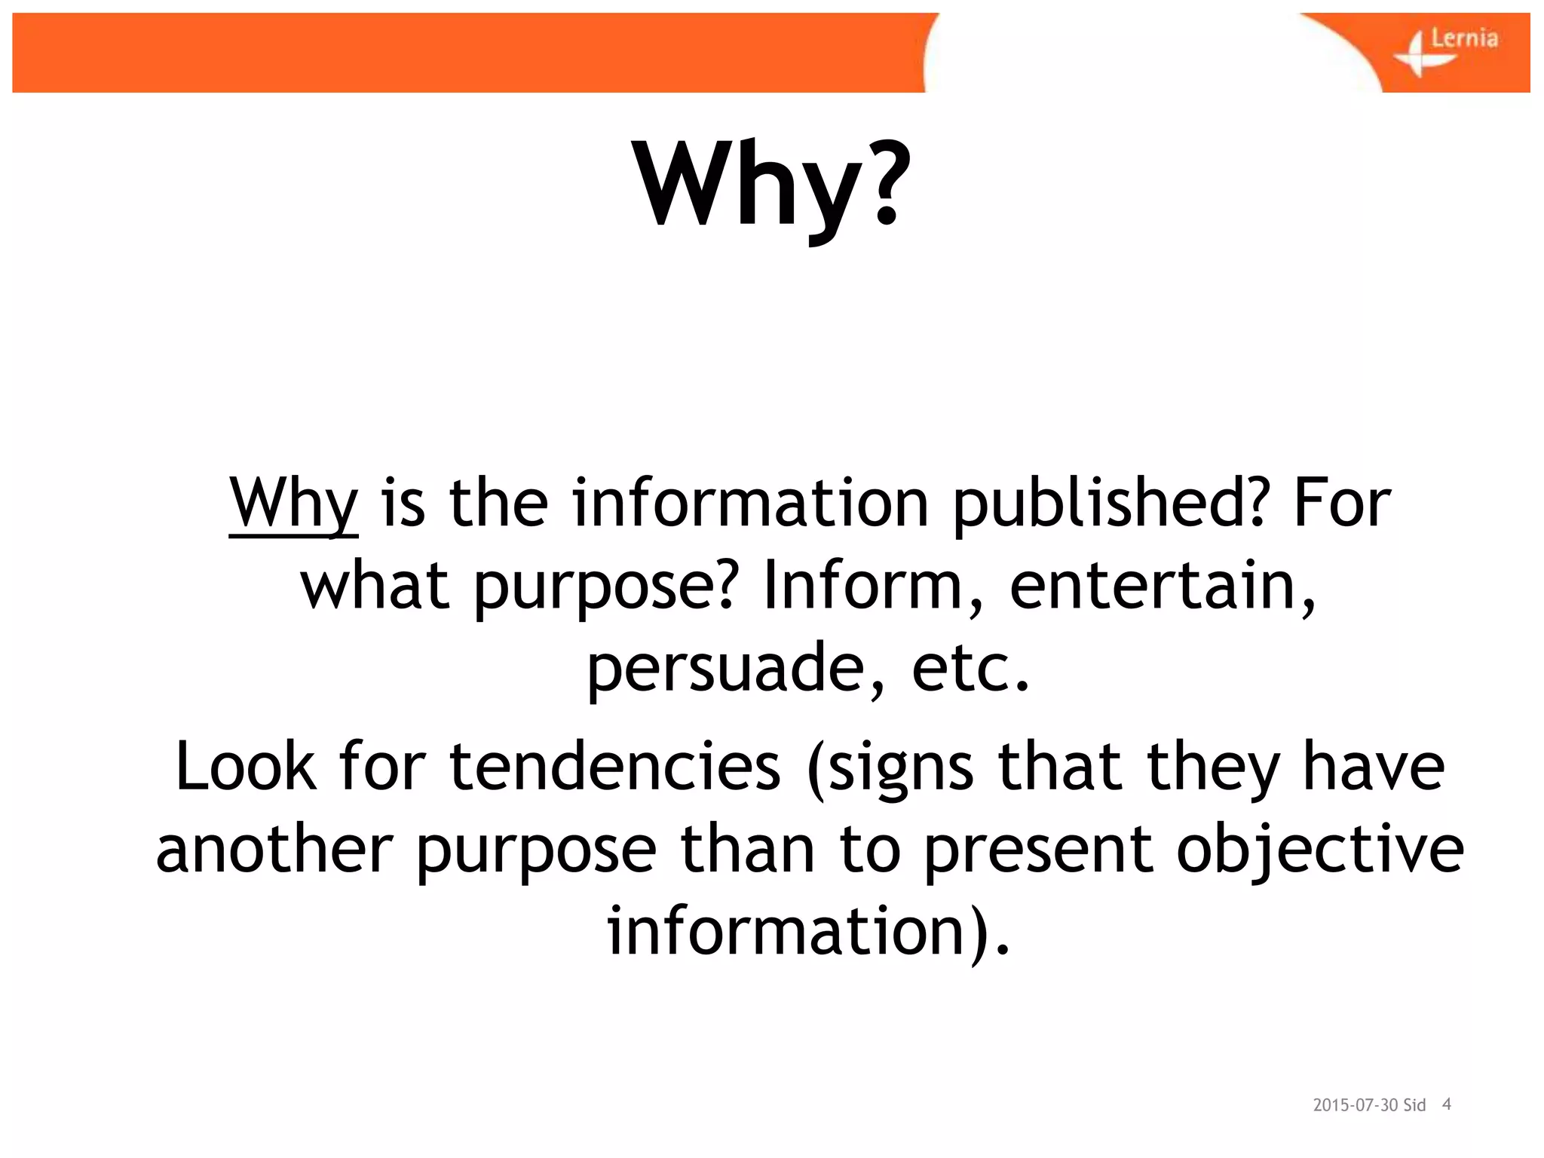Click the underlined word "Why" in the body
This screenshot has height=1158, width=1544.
293,504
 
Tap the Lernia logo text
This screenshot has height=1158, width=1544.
1463,38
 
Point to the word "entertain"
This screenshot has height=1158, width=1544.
1162,586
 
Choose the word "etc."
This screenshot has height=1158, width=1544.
970,668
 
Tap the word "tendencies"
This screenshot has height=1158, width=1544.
614,767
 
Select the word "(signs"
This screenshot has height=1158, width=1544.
890,767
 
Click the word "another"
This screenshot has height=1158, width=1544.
274,849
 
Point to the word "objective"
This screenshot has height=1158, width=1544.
1319,849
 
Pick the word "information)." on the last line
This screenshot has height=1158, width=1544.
807,931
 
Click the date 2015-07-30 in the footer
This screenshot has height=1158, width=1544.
1356,1105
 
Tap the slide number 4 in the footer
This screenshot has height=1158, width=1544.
1447,1104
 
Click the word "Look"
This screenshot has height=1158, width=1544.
245,767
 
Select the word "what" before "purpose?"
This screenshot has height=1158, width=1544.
375,586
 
